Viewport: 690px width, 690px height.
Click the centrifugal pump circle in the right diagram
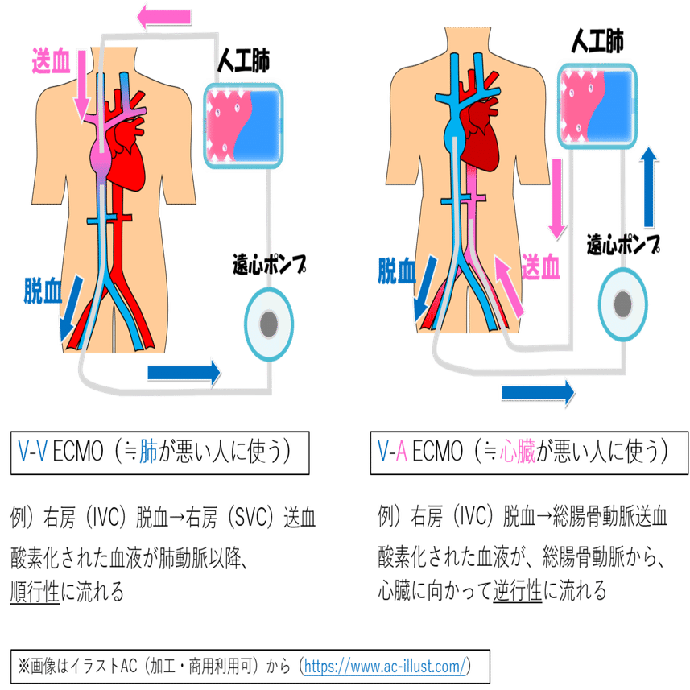[x=622, y=303]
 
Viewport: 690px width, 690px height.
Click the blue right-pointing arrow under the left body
[x=184, y=371]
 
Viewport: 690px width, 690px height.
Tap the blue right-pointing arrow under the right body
[x=539, y=391]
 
